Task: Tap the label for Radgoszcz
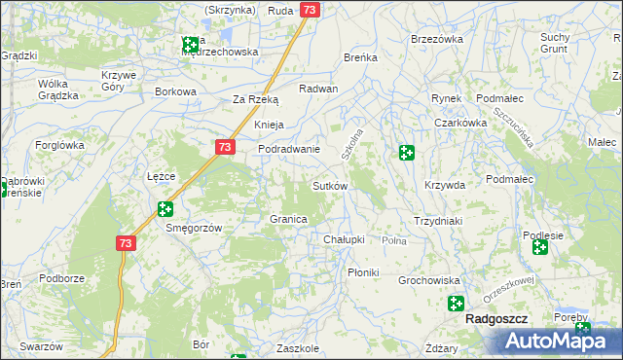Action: (x=496, y=318)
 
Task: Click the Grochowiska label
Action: (x=428, y=280)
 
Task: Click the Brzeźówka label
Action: (x=436, y=39)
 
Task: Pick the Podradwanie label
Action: (x=289, y=149)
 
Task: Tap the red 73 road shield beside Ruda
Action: (x=310, y=10)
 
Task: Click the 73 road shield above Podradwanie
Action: (x=225, y=147)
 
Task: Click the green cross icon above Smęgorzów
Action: (x=165, y=208)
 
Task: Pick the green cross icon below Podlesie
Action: (x=539, y=248)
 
